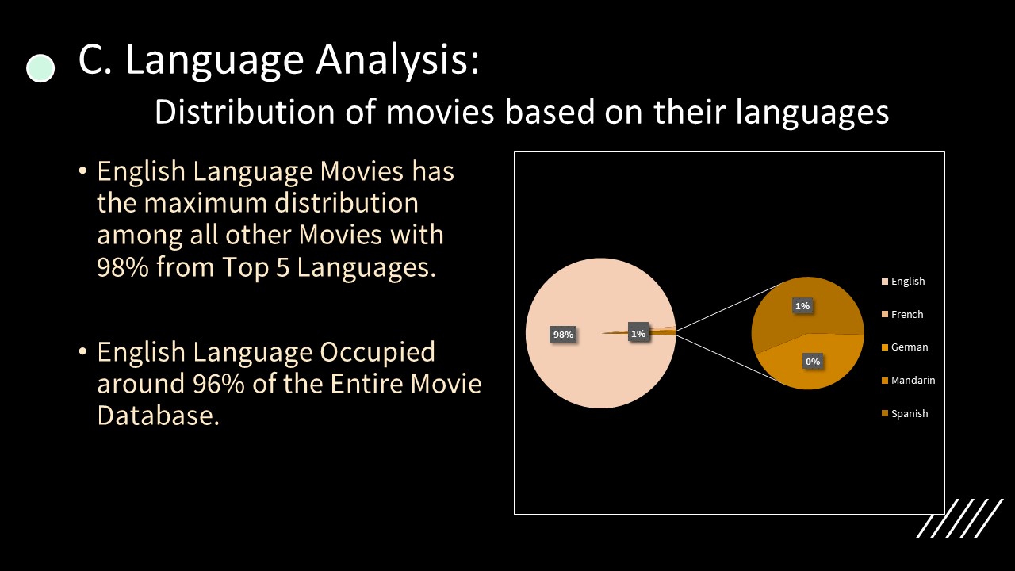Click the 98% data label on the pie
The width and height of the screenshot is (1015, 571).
(563, 335)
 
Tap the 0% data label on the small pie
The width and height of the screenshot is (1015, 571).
(813, 362)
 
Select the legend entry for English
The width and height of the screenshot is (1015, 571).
(903, 281)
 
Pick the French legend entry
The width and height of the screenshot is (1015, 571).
(902, 314)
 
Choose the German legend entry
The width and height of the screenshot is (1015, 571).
(905, 347)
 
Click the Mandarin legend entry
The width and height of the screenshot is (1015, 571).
(909, 380)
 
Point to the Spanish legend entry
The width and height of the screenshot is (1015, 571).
(905, 413)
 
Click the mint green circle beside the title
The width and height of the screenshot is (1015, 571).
(40, 68)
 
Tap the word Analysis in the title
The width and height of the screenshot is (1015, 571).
(397, 59)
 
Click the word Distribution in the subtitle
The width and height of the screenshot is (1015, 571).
(245, 112)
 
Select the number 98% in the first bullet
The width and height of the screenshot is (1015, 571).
(123, 267)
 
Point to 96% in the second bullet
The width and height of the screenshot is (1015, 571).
(218, 383)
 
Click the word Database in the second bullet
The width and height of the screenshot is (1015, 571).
(158, 415)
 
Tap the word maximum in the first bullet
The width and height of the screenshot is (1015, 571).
(205, 202)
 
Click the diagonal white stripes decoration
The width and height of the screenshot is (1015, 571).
(959, 518)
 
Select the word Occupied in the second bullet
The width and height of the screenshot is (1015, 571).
(377, 351)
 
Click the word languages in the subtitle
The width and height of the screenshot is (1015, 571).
(812, 113)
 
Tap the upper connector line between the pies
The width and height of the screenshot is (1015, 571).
(730, 306)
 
